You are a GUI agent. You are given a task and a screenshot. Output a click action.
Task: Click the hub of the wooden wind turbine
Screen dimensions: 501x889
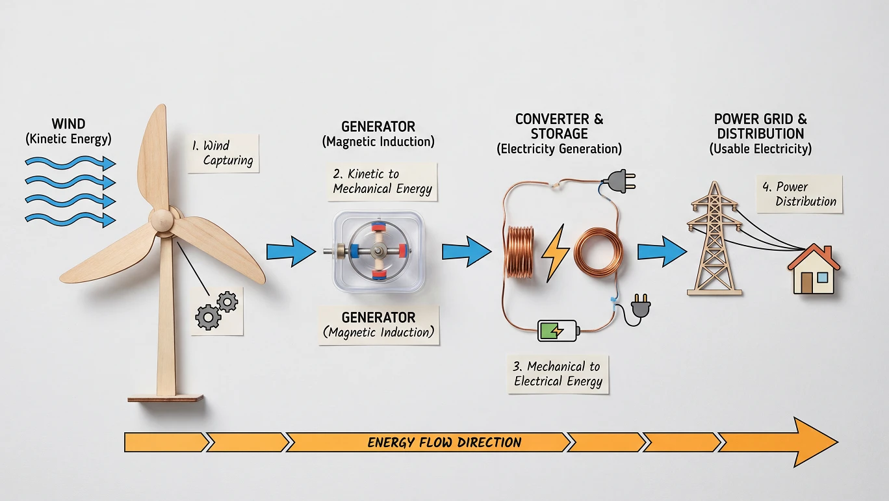[162, 220]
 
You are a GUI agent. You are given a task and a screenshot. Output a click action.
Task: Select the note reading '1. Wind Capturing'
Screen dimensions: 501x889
[223, 154]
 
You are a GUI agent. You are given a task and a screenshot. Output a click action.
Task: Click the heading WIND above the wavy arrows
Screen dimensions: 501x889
[68, 123]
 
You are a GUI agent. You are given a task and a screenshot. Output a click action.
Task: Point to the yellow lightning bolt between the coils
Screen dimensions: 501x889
[556, 251]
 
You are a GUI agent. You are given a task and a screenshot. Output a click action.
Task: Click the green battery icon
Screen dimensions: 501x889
[558, 330]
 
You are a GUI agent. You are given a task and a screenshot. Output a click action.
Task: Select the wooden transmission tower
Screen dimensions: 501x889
[714, 244]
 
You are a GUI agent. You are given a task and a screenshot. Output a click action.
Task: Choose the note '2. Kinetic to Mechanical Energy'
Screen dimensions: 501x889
[382, 181]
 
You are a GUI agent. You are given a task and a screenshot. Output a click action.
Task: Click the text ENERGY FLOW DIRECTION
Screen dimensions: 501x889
[444, 443]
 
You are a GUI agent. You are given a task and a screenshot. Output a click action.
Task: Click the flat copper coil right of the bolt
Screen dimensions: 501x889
[597, 251]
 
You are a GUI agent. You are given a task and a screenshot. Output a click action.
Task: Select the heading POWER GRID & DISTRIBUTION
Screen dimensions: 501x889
[760, 126]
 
